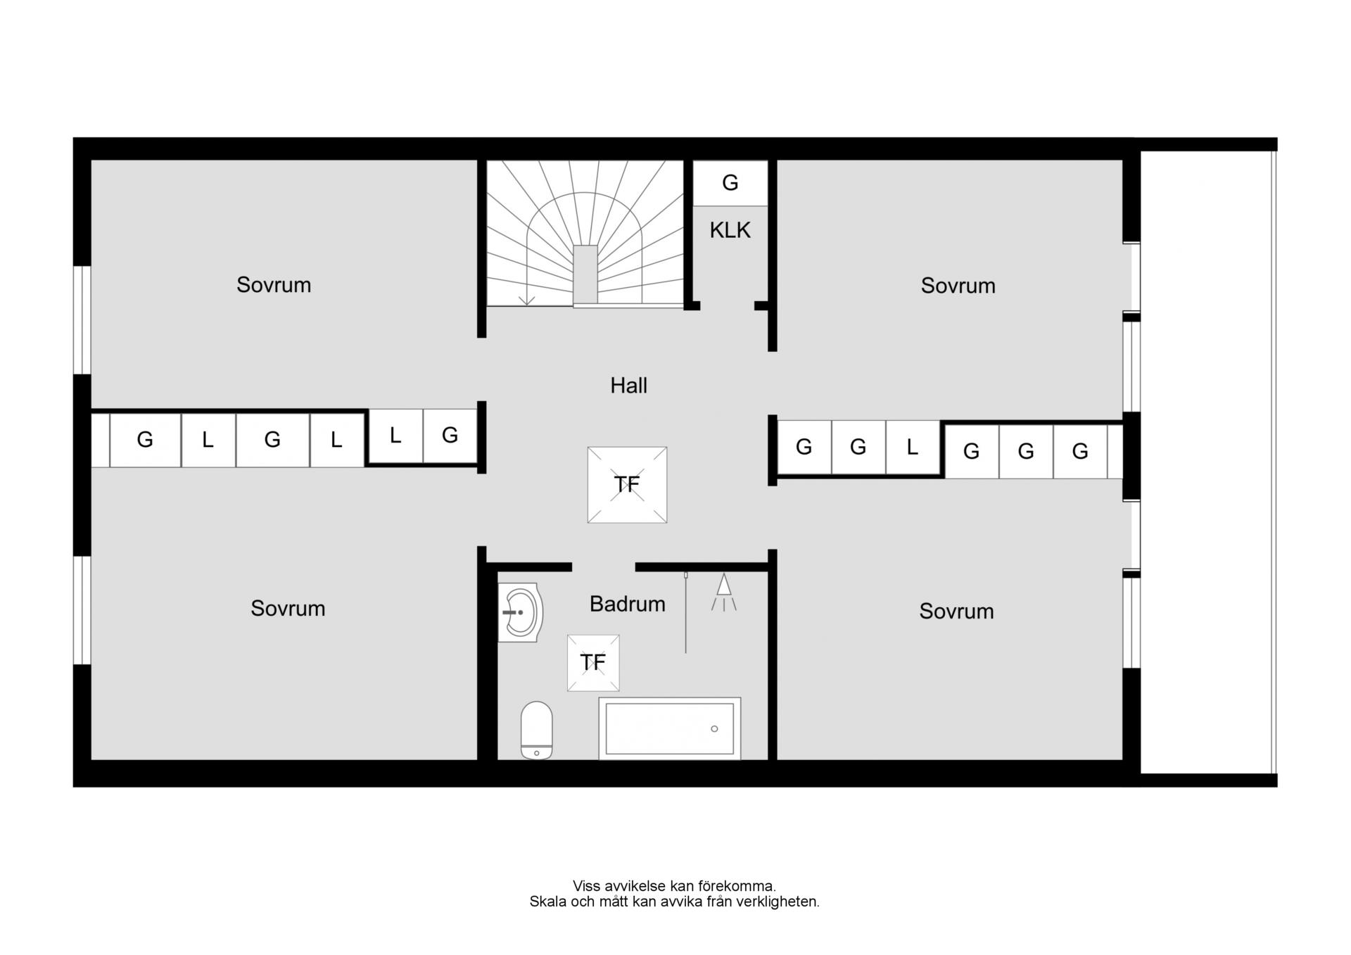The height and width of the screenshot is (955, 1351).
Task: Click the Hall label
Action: point(628,385)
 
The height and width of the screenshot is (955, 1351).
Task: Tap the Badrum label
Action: point(627,604)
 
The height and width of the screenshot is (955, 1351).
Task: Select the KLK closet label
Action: point(730,230)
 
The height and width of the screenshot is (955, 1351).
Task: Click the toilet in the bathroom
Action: point(536,730)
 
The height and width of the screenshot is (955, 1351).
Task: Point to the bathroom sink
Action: point(520,612)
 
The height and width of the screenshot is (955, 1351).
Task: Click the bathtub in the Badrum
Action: point(669,728)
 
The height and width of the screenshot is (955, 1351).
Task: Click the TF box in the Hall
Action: point(627,485)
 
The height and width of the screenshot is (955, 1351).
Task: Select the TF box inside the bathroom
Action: point(593,663)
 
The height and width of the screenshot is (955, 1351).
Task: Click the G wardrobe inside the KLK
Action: point(730,183)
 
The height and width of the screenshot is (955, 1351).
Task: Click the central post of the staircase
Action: point(585,274)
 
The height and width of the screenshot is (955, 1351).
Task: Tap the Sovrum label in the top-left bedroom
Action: point(274,285)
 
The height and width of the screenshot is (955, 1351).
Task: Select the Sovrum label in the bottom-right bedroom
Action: point(956,612)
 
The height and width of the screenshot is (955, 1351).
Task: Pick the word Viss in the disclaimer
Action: point(587,886)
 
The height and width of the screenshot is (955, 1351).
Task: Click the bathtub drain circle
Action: point(714,729)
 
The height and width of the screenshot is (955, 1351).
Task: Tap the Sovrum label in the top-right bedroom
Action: point(958,286)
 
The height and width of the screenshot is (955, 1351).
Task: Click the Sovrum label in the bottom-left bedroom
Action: point(288,609)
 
